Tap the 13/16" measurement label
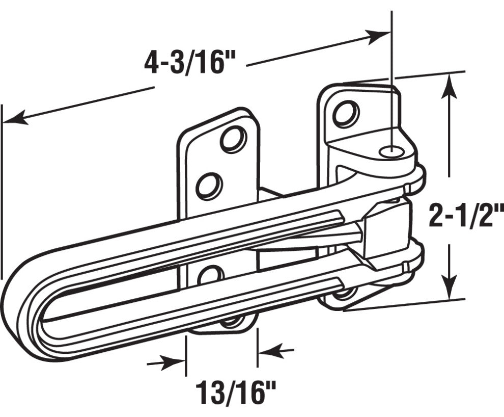pyautogui.click(x=236, y=394)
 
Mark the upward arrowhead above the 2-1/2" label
pyautogui.click(x=449, y=84)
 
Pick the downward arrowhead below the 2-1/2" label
pyautogui.click(x=449, y=289)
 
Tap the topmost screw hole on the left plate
pyautogui.click(x=233, y=139)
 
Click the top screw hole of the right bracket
pyautogui.click(x=346, y=113)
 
